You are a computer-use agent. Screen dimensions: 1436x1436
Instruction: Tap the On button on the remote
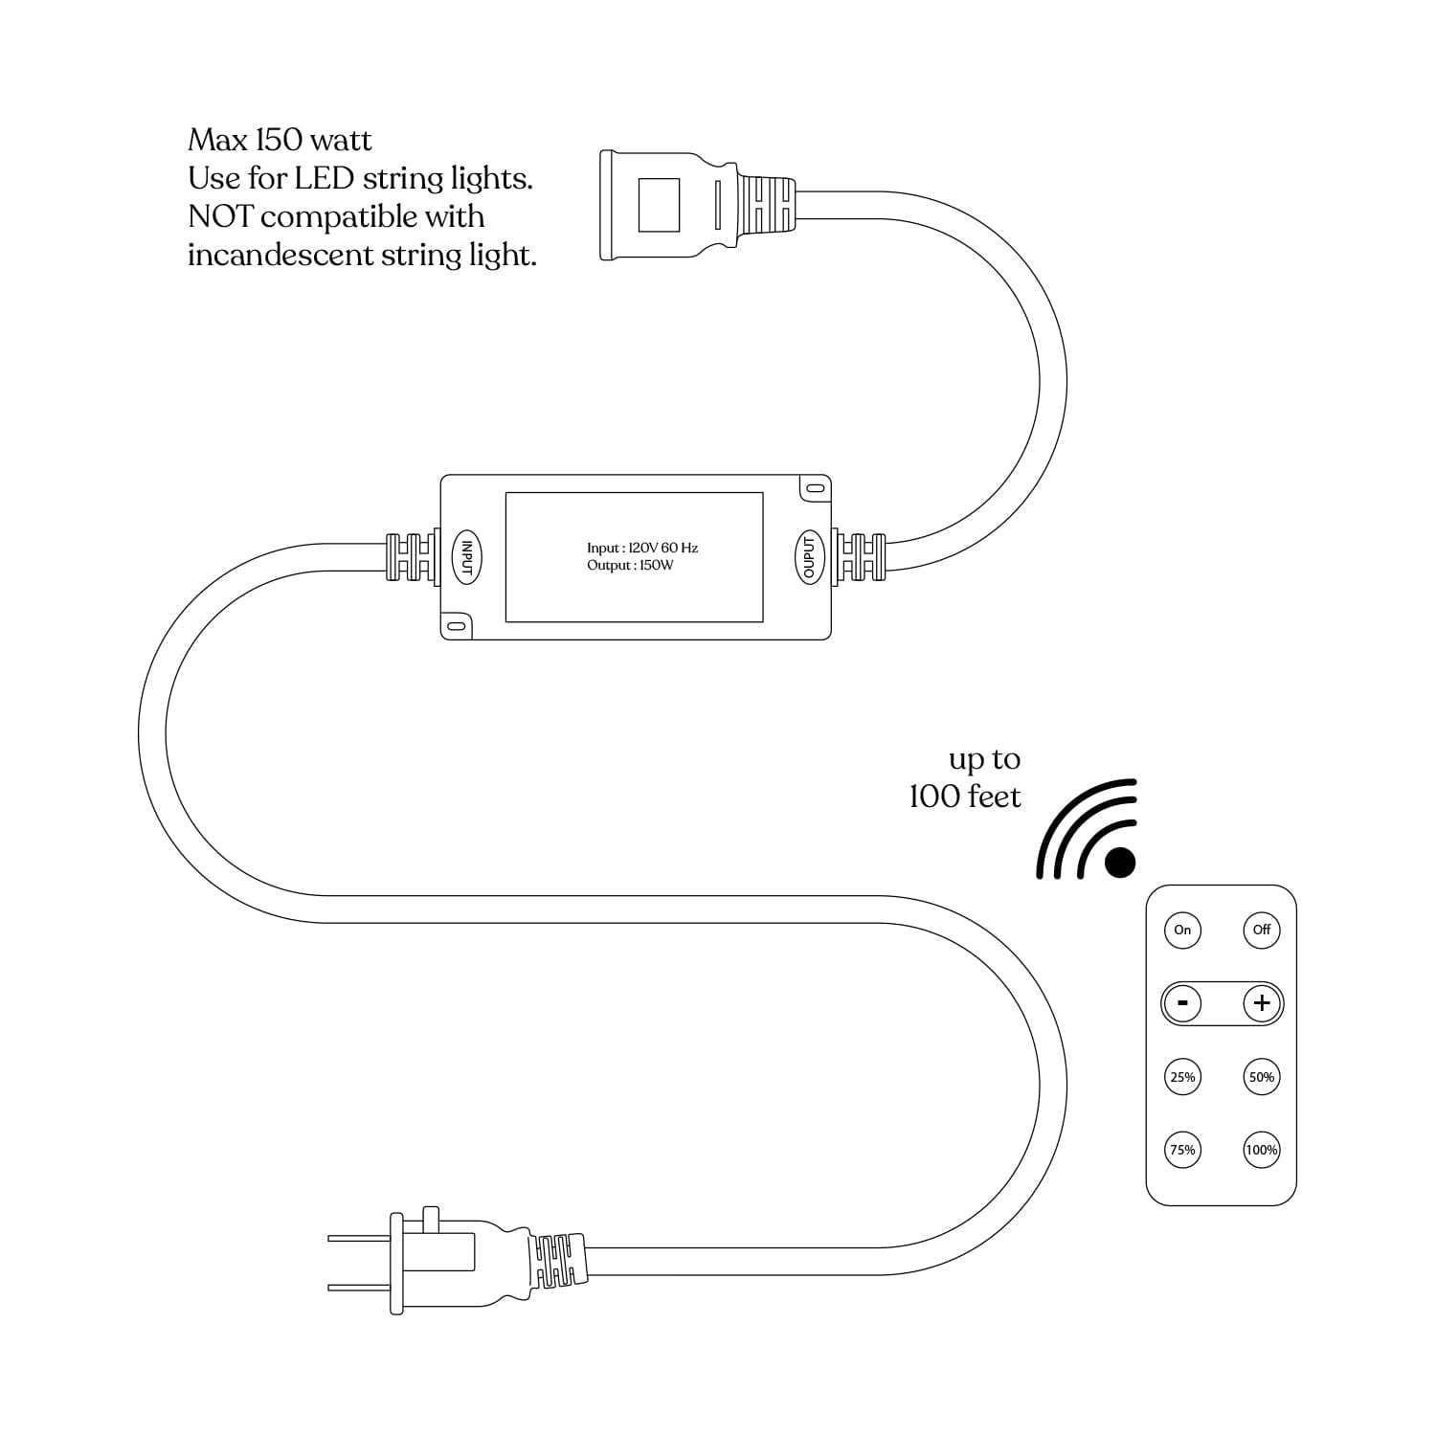click(x=1182, y=930)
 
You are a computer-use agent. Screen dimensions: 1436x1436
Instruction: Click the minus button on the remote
click(x=1183, y=1003)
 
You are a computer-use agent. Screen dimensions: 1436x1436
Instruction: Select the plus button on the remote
click(x=1262, y=1003)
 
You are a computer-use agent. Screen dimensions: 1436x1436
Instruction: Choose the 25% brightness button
click(x=1182, y=1077)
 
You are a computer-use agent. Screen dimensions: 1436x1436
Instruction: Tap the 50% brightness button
click(x=1262, y=1077)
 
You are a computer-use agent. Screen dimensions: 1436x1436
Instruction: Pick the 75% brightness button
click(x=1182, y=1150)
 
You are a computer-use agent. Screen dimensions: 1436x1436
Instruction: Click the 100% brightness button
click(x=1262, y=1150)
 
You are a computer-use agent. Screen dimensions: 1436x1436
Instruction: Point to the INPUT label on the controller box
click(x=466, y=556)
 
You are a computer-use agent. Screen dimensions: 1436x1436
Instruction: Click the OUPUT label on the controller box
click(x=809, y=556)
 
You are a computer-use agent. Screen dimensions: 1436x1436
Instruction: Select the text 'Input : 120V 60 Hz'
click(x=642, y=548)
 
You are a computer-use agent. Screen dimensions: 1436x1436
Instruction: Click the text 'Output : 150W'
click(x=630, y=566)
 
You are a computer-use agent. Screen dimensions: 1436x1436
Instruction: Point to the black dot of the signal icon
click(x=1120, y=862)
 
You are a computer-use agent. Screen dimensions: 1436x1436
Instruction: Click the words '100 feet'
click(x=965, y=797)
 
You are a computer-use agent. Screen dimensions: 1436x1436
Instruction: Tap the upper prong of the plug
click(x=358, y=1238)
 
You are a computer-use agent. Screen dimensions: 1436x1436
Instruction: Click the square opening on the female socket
click(x=659, y=204)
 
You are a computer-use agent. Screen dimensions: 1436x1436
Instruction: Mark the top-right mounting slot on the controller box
click(x=815, y=487)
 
